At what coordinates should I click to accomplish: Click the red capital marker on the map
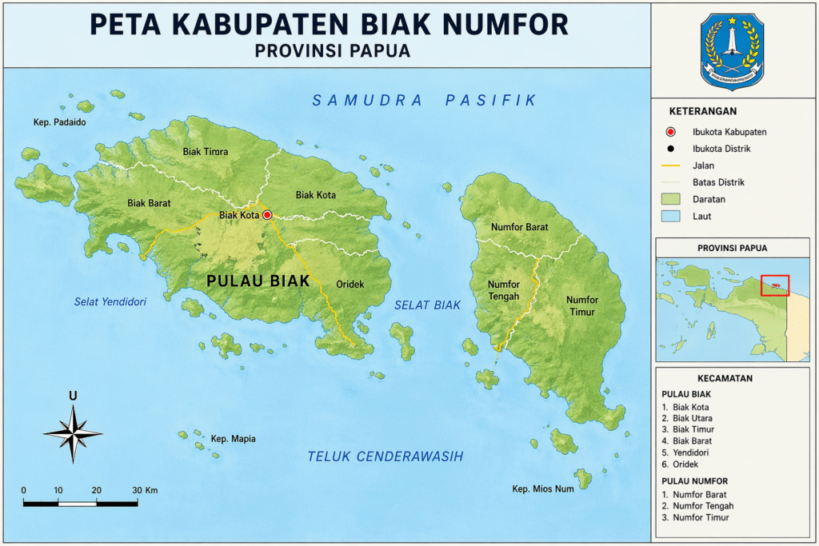pos(267,215)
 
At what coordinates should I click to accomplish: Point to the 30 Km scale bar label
pos(144,490)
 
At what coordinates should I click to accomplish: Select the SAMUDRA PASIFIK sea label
pos(424,100)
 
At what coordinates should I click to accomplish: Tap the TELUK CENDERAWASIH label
pos(386,456)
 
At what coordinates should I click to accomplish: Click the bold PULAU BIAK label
pos(258,281)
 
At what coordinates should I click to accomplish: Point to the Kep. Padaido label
pos(59,122)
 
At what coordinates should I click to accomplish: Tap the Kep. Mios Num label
pos(543,488)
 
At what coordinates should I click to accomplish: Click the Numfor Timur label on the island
pos(582,305)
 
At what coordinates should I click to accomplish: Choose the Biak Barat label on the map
pos(149,203)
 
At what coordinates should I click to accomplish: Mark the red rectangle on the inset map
pos(775,285)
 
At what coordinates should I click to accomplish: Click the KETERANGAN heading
pos(703,111)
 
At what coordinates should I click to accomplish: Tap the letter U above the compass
pos(73,396)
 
